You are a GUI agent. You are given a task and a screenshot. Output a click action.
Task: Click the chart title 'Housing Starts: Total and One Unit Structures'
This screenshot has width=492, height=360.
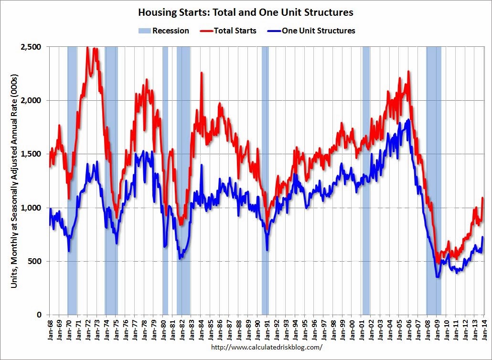(246, 11)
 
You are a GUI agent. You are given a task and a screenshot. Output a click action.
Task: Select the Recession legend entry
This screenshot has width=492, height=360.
(164, 31)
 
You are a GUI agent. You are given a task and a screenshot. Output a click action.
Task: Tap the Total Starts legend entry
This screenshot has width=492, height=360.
(229, 31)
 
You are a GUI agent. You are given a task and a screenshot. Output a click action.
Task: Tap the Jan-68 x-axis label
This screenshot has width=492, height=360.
(50, 330)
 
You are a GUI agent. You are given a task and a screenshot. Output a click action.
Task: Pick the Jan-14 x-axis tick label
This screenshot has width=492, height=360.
(484, 330)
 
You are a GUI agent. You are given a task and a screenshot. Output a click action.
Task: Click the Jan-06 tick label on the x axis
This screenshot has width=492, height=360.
(409, 330)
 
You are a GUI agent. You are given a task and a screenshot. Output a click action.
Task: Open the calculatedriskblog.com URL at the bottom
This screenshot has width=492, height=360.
(266, 347)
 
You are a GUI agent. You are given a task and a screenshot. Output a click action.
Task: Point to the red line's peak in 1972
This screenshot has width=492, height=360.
(87, 47)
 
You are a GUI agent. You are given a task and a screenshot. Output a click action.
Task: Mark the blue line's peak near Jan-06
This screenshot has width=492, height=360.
(407, 120)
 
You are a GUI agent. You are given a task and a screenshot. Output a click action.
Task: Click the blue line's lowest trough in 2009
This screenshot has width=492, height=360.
(437, 277)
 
